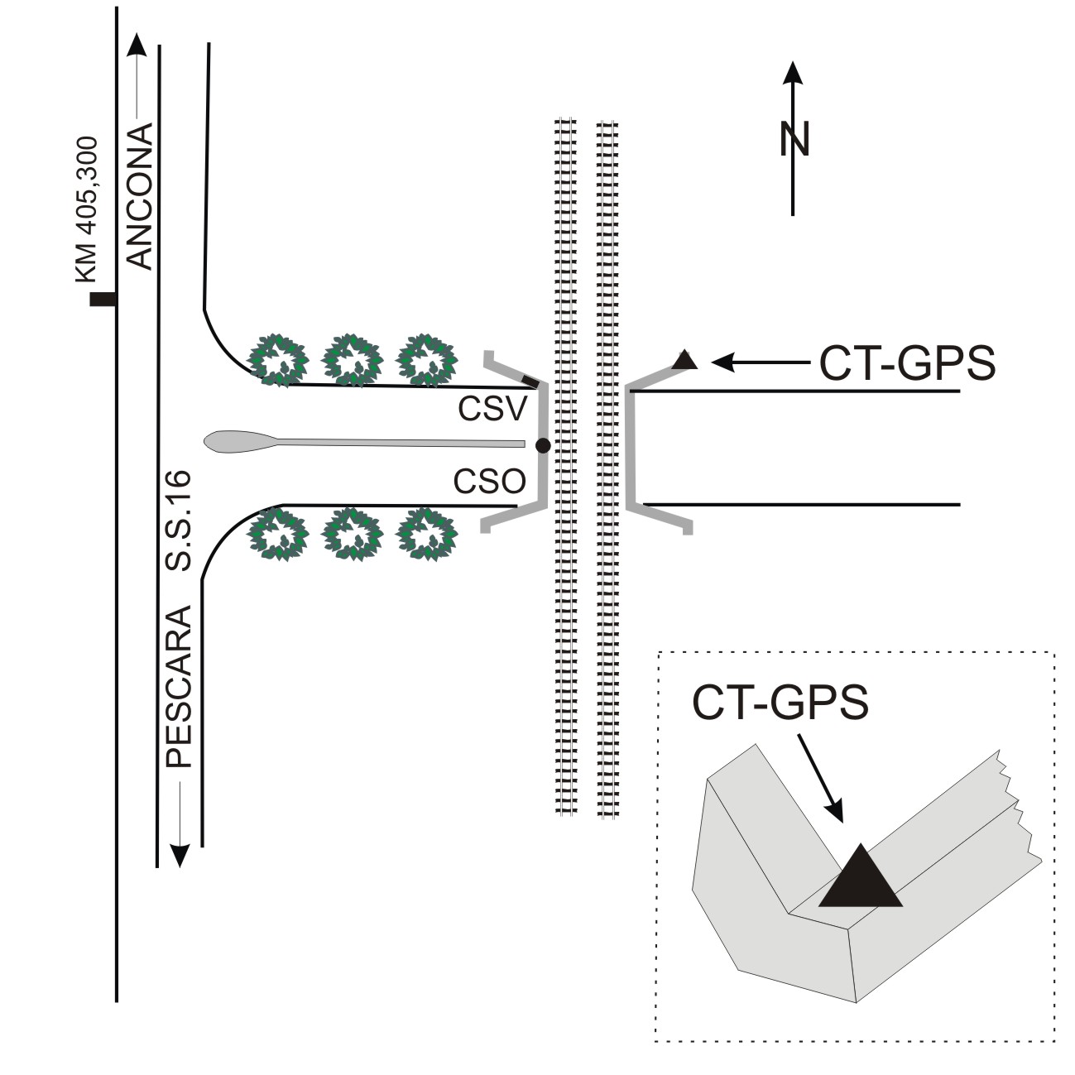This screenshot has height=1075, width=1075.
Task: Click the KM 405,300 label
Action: [x=87, y=210]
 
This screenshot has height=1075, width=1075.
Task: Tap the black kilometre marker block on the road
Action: [x=103, y=300]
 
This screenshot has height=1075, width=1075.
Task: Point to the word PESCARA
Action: [x=179, y=686]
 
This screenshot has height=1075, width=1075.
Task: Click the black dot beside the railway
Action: [x=543, y=445]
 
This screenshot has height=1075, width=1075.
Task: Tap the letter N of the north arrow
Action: [x=794, y=139]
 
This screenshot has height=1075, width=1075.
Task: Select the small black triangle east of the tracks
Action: [x=684, y=360]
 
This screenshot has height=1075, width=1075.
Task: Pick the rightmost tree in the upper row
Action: [x=427, y=359]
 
